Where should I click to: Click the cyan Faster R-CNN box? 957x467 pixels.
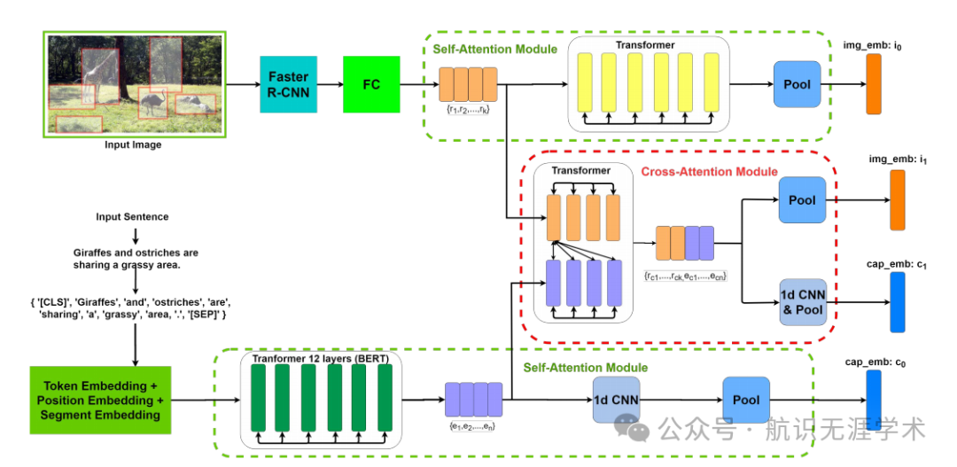point(288,84)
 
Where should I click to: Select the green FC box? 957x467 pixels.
point(371,84)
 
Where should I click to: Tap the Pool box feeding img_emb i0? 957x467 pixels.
point(797,84)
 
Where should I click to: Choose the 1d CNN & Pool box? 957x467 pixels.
point(802,302)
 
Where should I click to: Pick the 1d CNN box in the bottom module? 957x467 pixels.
point(616,400)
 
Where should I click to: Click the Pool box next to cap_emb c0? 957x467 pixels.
point(746,400)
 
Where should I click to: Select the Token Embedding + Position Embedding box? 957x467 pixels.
point(100,400)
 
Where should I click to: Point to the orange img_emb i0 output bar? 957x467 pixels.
point(874,84)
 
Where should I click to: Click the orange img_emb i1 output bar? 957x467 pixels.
point(898,200)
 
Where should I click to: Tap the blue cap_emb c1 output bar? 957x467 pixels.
point(898,302)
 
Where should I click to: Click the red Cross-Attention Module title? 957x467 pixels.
point(709,172)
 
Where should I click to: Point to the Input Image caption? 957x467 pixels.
point(133,145)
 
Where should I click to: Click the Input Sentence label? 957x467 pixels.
point(133,217)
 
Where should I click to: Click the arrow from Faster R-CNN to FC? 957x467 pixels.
point(330,84)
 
